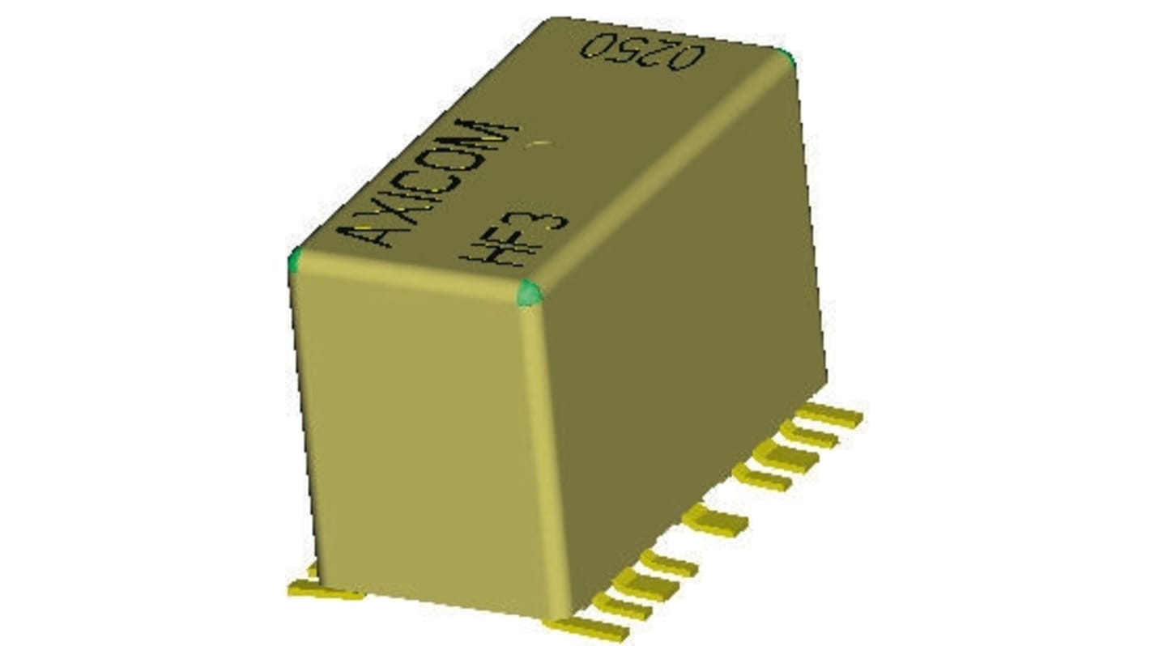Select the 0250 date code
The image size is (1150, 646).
pos(643,51)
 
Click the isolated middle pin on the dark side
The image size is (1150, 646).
pos(715,521)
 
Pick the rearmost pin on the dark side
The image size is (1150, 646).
pos(830,416)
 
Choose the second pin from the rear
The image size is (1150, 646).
pos(810,435)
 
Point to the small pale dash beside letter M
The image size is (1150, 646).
pos(539,144)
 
